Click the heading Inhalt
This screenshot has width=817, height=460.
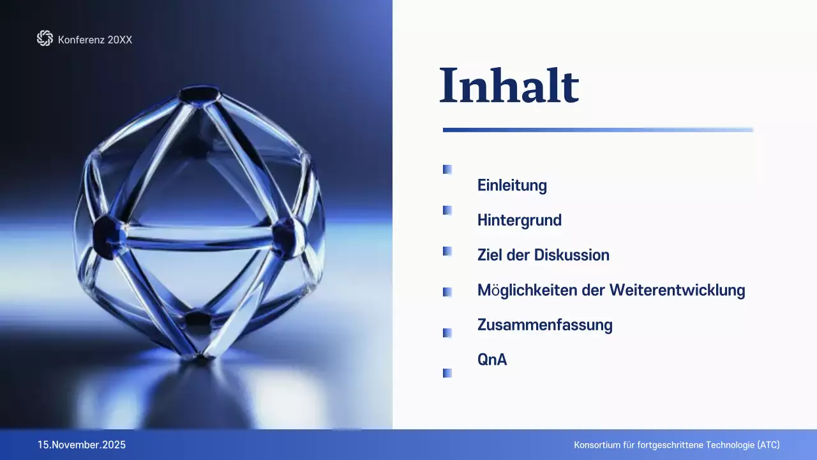pyautogui.click(x=509, y=86)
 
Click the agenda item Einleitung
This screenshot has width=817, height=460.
pyautogui.click(x=512, y=186)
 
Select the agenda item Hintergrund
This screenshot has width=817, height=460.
pyautogui.click(x=519, y=220)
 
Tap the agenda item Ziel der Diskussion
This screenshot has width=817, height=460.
pyautogui.click(x=543, y=255)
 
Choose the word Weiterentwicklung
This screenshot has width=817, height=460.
pyautogui.click(x=677, y=290)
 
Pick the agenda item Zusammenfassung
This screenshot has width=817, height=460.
pyautogui.click(x=544, y=325)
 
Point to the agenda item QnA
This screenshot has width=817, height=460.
pyautogui.click(x=491, y=360)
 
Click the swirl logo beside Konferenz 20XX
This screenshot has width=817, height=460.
pyautogui.click(x=45, y=39)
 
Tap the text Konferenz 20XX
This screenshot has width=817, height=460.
pyautogui.click(x=95, y=40)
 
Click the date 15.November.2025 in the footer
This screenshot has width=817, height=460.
pyautogui.click(x=82, y=445)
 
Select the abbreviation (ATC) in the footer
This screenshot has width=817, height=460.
pyautogui.click(x=768, y=445)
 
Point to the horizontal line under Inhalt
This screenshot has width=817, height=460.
pyautogui.click(x=597, y=130)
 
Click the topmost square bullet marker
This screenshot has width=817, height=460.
pyautogui.click(x=447, y=169)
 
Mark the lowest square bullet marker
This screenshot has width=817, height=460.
pyautogui.click(x=447, y=373)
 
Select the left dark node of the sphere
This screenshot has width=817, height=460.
pyautogui.click(x=107, y=234)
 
